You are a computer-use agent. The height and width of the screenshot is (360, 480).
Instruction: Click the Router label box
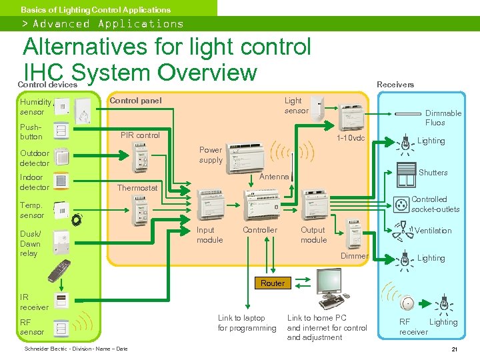(272, 283)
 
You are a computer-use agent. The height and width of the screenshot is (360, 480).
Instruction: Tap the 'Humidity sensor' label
(35, 107)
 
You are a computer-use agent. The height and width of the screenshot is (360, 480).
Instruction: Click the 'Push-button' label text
(31, 131)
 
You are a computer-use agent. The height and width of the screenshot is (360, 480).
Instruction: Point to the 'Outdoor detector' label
(35, 158)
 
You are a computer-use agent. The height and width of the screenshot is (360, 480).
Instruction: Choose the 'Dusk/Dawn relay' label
(30, 243)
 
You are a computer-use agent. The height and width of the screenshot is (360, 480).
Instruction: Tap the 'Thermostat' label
(137, 188)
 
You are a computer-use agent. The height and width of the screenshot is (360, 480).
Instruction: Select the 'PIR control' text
(140, 135)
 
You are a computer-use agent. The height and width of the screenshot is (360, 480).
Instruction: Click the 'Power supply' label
(211, 155)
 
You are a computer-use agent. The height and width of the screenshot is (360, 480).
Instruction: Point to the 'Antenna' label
(273, 177)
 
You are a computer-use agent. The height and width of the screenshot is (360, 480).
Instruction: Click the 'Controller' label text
(259, 230)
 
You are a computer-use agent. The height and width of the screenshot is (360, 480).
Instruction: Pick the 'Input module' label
(210, 235)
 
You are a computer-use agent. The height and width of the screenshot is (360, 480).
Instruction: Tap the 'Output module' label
(313, 235)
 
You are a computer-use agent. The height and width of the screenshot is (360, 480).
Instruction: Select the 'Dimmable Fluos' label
(443, 118)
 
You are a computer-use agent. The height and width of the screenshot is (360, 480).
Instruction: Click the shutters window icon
(405, 175)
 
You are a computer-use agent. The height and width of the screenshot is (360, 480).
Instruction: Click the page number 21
(454, 349)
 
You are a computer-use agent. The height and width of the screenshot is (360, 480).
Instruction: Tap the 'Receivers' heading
(395, 85)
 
